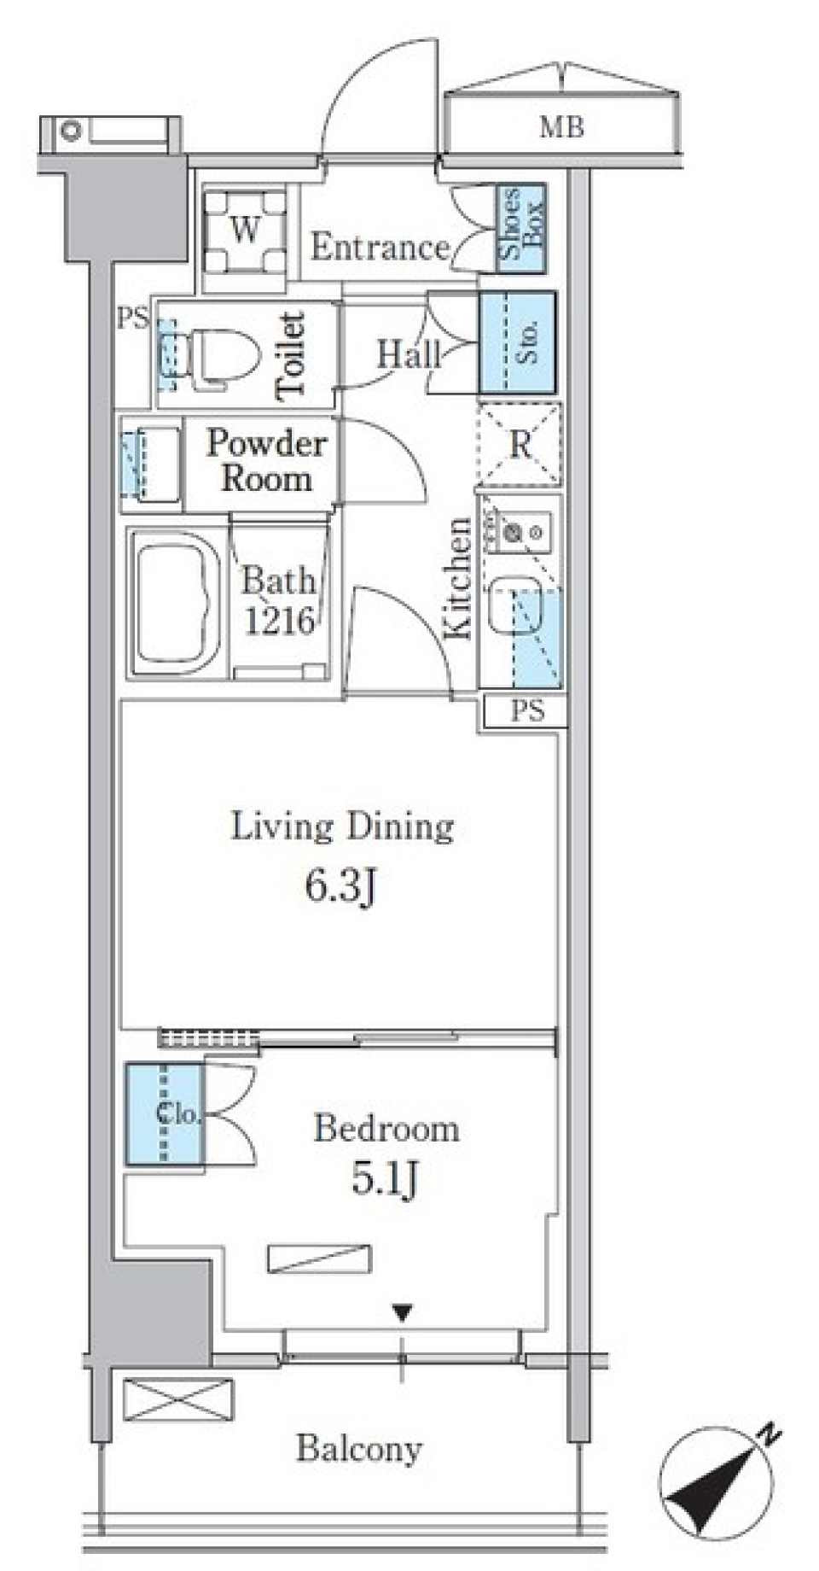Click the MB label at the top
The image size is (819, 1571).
pos(561,128)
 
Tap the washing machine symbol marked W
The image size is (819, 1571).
pos(246,231)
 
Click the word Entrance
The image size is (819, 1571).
pos(380,248)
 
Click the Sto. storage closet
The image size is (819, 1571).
pos(518,342)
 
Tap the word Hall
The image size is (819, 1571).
pos(409,353)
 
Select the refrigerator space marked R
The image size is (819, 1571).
pos(520,444)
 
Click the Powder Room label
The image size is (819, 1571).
pos(266,461)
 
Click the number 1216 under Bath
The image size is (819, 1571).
pos(280,621)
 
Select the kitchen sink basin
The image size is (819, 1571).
pos(514,606)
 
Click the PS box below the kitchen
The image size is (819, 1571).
pos(524,710)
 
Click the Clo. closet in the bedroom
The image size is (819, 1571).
pos(165,1113)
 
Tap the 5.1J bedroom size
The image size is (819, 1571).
pos(384,1181)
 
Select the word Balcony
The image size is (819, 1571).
pos(358,1449)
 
